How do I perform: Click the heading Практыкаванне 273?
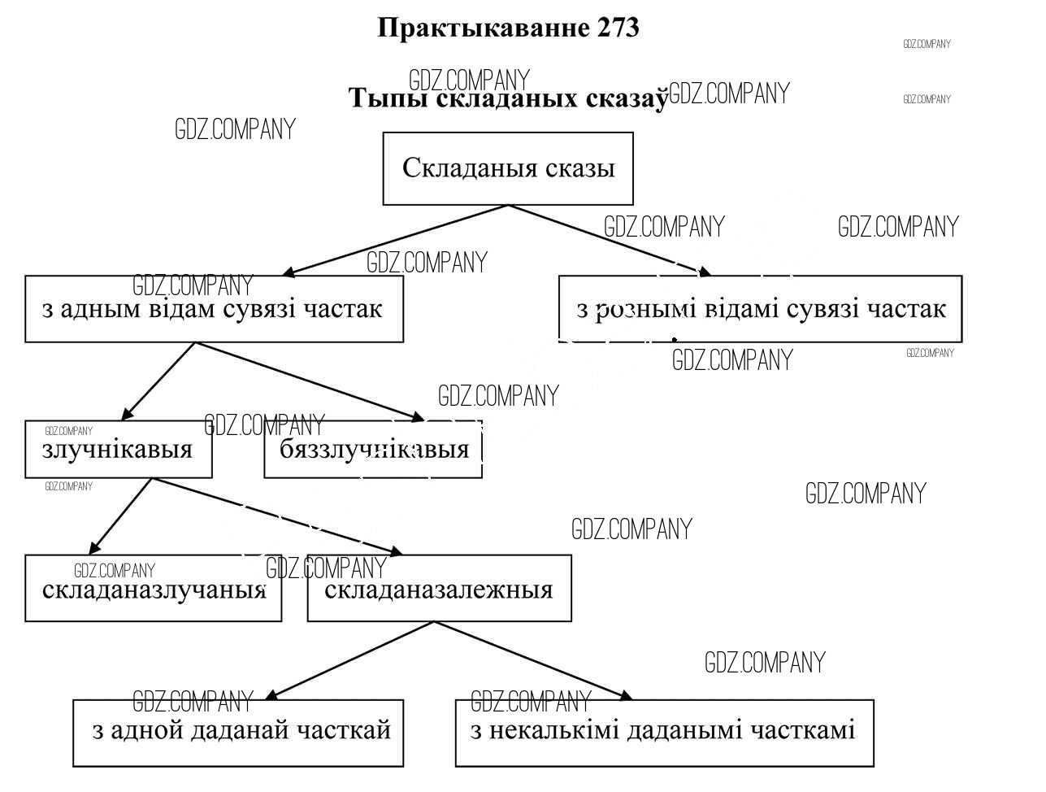[508, 28]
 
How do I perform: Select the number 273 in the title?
[618, 28]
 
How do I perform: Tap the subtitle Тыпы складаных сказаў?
[508, 98]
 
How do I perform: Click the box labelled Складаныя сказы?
[508, 168]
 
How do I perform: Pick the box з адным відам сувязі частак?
[214, 309]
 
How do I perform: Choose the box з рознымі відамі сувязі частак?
[760, 309]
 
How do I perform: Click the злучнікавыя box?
[118, 449]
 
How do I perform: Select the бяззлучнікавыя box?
[373, 449]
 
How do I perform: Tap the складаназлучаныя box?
[153, 589]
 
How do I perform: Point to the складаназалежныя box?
[439, 589]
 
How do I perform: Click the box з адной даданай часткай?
[238, 732]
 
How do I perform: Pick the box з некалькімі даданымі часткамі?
[664, 732]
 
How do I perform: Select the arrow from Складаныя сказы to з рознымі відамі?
[610, 240]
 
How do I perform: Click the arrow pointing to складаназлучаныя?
[120, 516]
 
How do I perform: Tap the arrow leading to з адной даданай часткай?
[349, 660]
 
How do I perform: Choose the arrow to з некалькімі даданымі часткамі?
[532, 660]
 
